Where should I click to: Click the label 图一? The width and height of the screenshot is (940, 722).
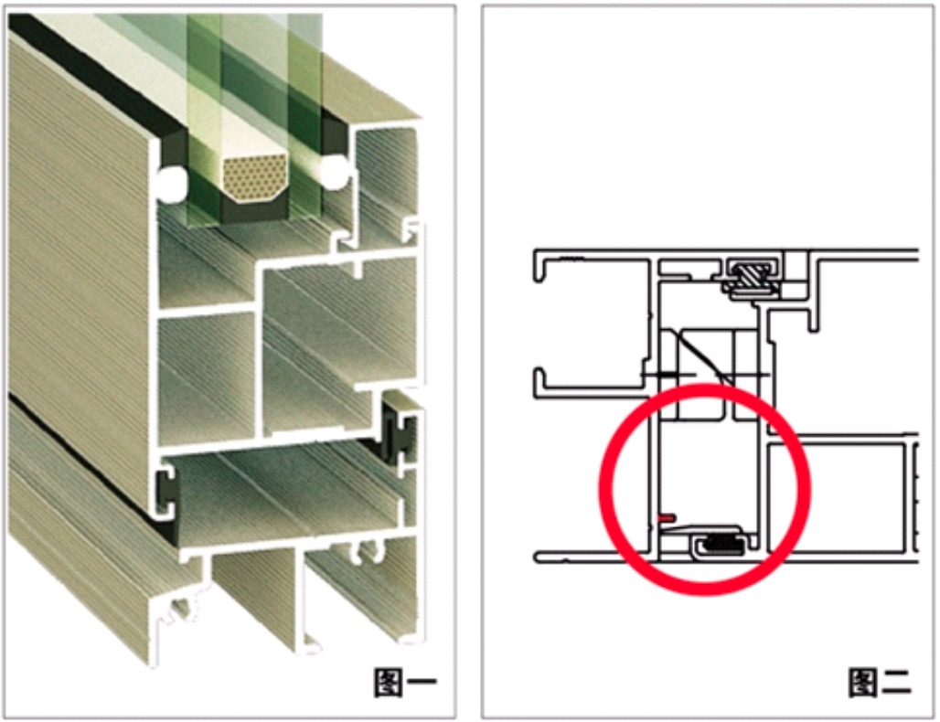(x=405, y=683)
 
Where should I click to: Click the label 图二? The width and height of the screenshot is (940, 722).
(x=880, y=683)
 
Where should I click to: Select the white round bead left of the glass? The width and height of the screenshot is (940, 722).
(x=172, y=181)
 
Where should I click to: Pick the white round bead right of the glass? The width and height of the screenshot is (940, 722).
(x=334, y=171)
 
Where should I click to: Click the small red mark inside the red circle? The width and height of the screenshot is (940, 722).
(x=667, y=517)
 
